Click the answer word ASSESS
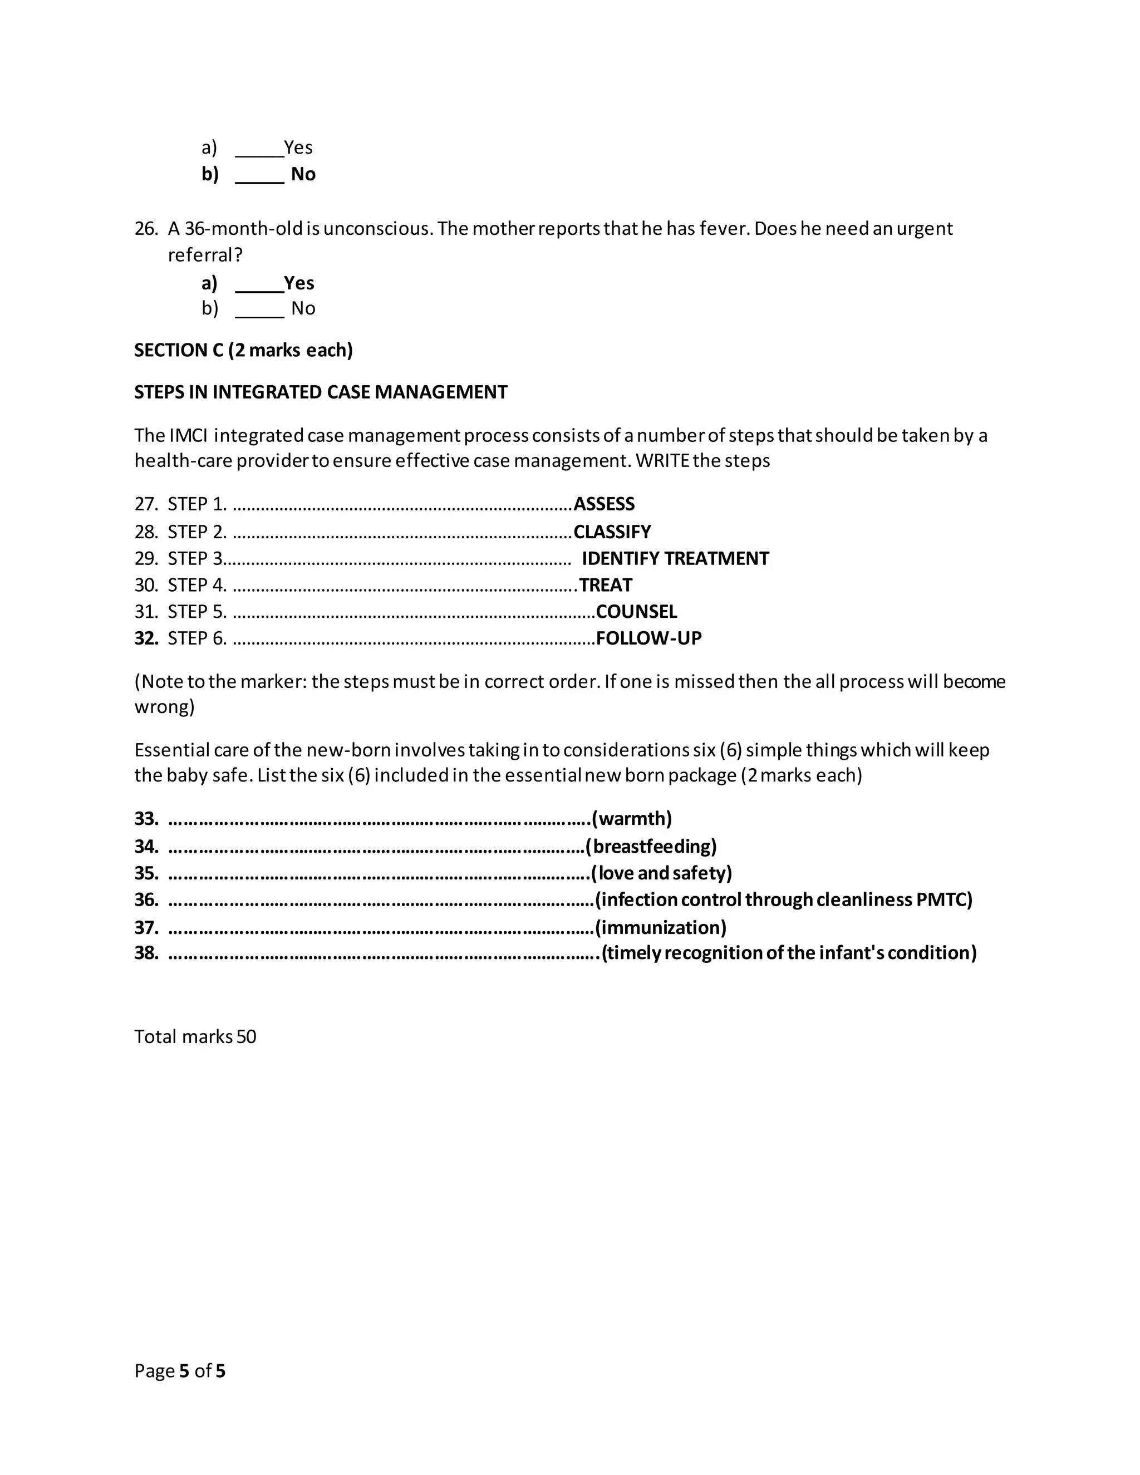[604, 504]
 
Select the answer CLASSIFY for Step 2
[612, 532]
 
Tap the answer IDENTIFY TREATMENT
[675, 558]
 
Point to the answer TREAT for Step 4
[605, 585]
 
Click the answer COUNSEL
[636, 611]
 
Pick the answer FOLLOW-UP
[648, 638]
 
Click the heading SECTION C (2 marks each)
[243, 350]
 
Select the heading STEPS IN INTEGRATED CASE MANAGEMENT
[321, 392]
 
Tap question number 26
[145, 229]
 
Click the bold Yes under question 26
[298, 282]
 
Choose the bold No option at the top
[303, 174]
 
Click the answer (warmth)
[631, 819]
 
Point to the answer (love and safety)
[661, 873]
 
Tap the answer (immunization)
[661, 927]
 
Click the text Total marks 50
[195, 1037]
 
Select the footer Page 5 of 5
[180, 1371]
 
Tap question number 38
[146, 953]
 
